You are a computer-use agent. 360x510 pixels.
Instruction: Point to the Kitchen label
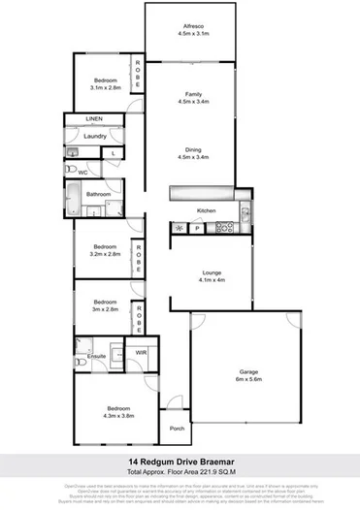[206, 210]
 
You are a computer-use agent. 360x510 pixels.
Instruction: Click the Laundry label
[94, 137]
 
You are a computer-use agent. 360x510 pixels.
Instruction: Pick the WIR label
[141, 353]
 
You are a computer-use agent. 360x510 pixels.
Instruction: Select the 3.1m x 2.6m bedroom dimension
[106, 87]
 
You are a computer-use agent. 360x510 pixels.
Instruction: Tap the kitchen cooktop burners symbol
[224, 228]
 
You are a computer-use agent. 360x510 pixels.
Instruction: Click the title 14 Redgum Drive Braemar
[180, 462]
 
